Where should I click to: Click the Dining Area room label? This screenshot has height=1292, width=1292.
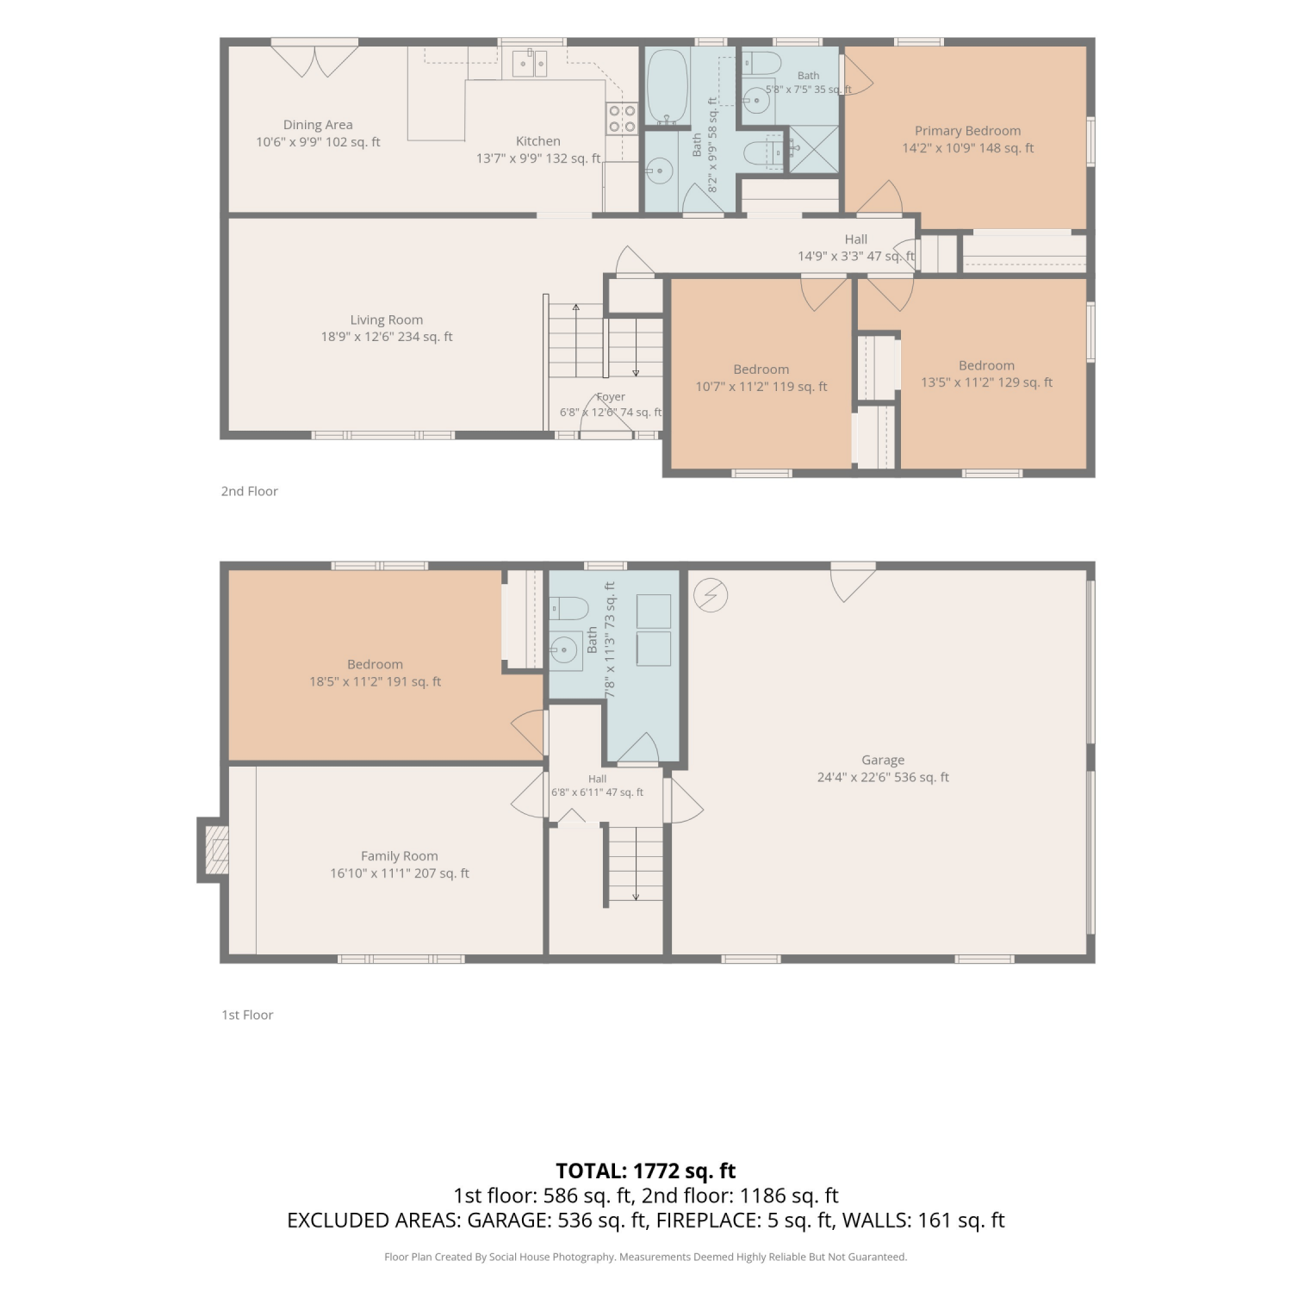tap(318, 125)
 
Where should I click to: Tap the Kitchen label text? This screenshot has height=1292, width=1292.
tap(538, 141)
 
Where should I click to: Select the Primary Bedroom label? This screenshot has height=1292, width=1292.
tap(968, 131)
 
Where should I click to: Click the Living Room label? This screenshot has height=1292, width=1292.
tap(387, 320)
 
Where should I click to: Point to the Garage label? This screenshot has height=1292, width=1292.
tap(883, 761)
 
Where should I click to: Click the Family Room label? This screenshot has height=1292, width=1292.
tap(400, 856)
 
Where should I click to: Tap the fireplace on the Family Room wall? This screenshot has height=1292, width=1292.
tap(214, 850)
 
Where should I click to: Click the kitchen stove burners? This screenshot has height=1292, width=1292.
tap(622, 119)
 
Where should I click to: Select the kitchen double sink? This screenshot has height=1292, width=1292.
tap(530, 63)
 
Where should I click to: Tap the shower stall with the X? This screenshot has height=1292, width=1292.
tap(814, 149)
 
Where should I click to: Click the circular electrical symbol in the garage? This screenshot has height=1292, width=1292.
tap(711, 595)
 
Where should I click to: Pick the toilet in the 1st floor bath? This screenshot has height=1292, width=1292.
tap(568, 609)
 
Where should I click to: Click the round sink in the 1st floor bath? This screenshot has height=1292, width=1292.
tap(566, 650)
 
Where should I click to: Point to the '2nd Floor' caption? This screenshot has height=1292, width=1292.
tap(250, 491)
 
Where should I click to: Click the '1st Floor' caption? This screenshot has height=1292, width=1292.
tap(248, 1015)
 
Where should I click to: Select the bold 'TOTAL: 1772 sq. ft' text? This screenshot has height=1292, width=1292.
tap(646, 1171)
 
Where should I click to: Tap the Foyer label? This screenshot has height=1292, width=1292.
tap(611, 397)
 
